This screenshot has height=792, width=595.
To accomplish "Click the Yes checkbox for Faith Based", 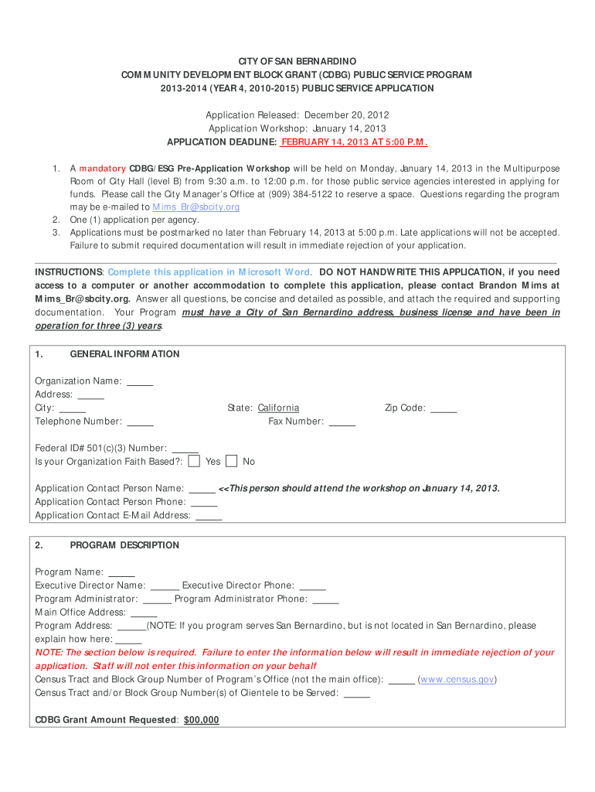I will [195, 462].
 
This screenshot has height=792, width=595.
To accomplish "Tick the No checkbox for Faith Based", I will [232, 462].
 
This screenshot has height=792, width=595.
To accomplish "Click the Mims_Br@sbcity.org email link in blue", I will [196, 207].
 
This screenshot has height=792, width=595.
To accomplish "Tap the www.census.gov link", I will [457, 680].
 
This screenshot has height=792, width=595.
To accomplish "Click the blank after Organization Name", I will [140, 381].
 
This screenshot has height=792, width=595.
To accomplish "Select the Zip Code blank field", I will [444, 408].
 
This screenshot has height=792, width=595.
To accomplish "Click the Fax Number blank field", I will [342, 422].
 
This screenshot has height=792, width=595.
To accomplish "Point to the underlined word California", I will [278, 408].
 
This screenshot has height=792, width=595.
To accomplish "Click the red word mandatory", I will [103, 169].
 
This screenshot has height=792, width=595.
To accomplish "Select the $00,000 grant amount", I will [201, 720].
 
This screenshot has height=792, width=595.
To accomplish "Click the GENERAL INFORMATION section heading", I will [124, 354].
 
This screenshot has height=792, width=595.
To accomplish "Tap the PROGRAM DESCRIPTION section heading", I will [124, 545].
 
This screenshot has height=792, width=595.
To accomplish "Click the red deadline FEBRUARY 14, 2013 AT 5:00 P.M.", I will [354, 142].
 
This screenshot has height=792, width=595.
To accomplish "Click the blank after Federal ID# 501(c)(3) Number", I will [185, 449].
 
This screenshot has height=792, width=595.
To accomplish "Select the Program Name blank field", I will [121, 572].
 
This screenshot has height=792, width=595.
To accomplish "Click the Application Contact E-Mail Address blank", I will [209, 516].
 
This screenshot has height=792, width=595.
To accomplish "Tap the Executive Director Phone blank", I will [312, 586].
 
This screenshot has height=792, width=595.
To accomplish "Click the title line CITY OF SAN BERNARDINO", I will [297, 61].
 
